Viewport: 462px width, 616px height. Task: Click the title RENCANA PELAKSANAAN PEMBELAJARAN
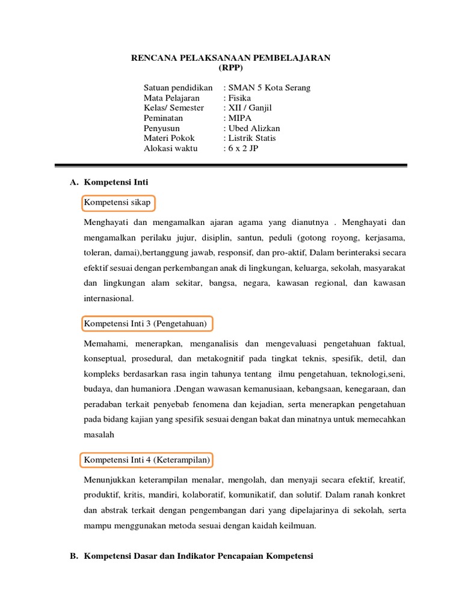(231, 58)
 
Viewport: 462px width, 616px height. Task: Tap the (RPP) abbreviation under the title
(231, 67)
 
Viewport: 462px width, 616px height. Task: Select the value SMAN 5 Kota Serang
(268, 88)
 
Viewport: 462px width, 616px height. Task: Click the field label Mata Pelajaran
(171, 98)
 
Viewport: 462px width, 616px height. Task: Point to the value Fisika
(238, 98)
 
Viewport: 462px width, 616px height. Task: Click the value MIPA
(238, 119)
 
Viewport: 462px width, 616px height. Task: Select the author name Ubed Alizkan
(253, 129)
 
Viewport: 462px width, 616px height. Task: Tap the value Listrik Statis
(250, 138)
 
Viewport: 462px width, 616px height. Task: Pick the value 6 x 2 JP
(241, 149)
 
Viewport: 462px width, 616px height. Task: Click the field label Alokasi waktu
(170, 149)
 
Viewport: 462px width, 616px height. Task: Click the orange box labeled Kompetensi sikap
(117, 203)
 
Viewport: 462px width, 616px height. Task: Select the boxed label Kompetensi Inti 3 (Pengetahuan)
(146, 324)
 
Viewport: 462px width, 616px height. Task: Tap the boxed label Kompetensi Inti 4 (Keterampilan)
(147, 460)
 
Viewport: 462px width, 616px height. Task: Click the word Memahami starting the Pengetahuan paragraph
(103, 344)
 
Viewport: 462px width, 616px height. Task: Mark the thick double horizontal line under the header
(231, 165)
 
